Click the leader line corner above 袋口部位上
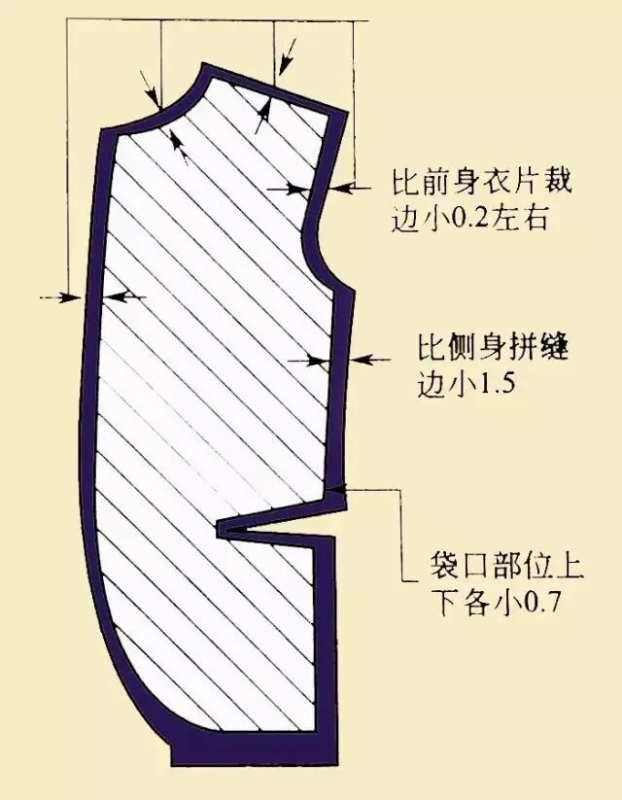tap(402, 491)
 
